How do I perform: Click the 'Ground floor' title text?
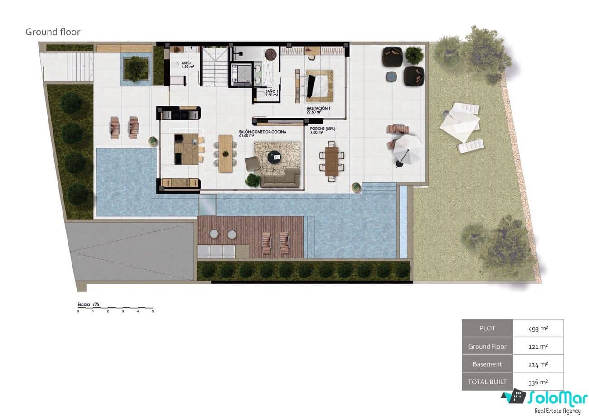click(53, 32)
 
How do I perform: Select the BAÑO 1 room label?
click(272, 93)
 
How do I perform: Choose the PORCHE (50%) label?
click(323, 131)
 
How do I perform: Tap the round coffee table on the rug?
click(275, 157)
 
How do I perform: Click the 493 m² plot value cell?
click(538, 328)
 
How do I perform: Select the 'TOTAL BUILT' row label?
click(487, 382)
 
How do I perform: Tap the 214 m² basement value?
click(538, 364)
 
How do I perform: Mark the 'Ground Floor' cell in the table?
click(487, 346)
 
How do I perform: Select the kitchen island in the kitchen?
click(187, 149)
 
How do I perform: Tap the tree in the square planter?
click(135, 69)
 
